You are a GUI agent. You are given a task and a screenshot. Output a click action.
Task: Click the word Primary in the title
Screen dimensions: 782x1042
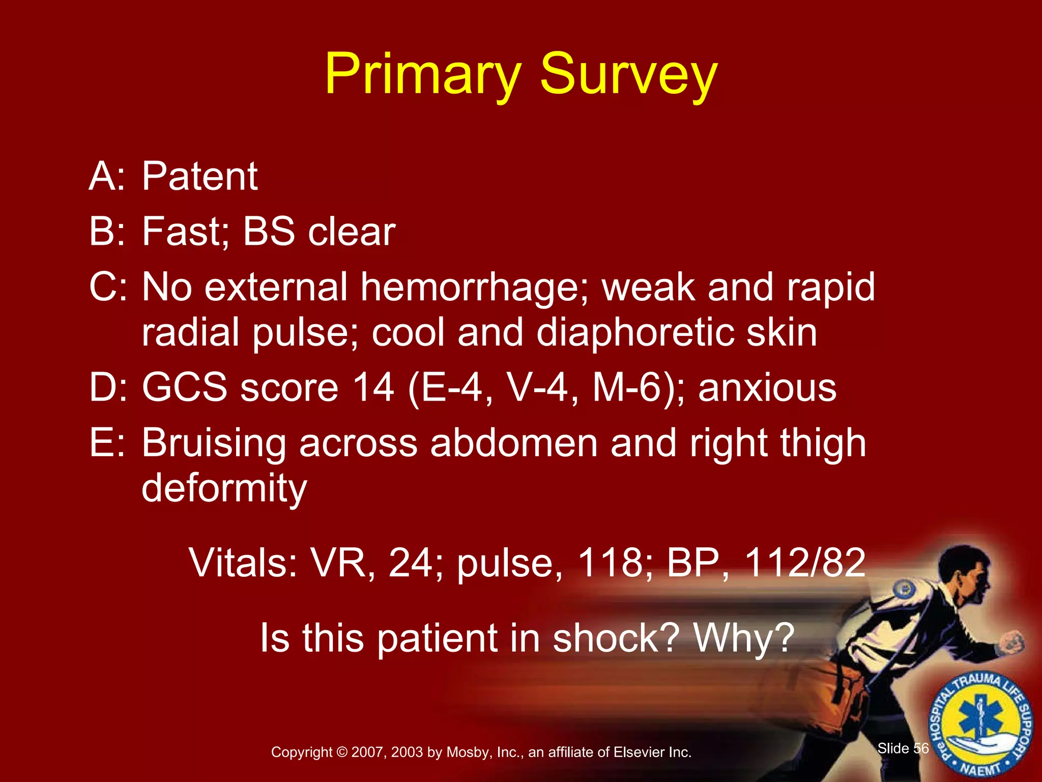click(x=423, y=75)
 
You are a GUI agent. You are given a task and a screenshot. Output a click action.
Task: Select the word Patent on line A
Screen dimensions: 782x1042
click(x=199, y=176)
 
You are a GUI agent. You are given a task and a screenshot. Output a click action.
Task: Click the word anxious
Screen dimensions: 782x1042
click(x=767, y=388)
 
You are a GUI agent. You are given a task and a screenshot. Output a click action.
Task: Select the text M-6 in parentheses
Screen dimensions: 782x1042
click(x=630, y=388)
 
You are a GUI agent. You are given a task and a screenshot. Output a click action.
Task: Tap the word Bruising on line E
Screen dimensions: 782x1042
click(x=214, y=443)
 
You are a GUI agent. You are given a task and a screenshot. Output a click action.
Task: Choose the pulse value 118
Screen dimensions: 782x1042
click(x=610, y=563)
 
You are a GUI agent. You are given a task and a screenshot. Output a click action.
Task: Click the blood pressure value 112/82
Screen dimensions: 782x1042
click(x=805, y=563)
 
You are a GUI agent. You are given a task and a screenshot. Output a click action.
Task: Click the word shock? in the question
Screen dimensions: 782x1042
click(x=616, y=638)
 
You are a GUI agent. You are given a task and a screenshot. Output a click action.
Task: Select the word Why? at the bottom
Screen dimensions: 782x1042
click(x=744, y=638)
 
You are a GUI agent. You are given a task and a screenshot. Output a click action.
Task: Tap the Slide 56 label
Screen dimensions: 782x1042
click(x=903, y=748)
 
